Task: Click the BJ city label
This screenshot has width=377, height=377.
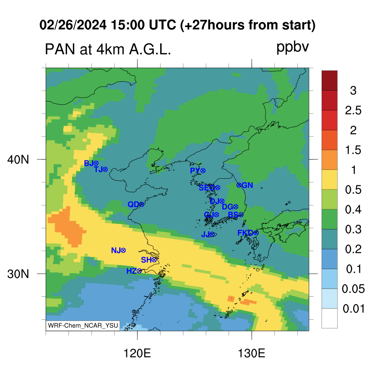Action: [88, 163]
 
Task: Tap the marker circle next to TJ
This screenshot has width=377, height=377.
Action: [105, 169]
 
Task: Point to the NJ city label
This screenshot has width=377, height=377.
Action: [116, 250]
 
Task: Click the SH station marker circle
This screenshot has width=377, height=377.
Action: [154, 260]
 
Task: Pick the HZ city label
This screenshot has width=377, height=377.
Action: [131, 271]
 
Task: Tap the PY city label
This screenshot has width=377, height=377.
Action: [195, 171]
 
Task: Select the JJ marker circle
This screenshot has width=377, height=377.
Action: [212, 234]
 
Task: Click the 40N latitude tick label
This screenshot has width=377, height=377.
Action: [18, 159]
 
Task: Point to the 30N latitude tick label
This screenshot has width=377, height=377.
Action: [18, 274]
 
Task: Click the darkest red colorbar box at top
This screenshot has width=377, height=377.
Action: [330, 81]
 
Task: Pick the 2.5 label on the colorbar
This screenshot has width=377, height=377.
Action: [353, 110]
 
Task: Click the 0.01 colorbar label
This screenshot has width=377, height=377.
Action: [354, 309]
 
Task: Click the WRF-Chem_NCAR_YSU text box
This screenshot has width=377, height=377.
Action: [83, 325]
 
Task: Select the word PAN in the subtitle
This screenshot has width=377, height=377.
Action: [60, 50]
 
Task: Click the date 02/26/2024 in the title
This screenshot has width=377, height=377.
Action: [73, 25]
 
